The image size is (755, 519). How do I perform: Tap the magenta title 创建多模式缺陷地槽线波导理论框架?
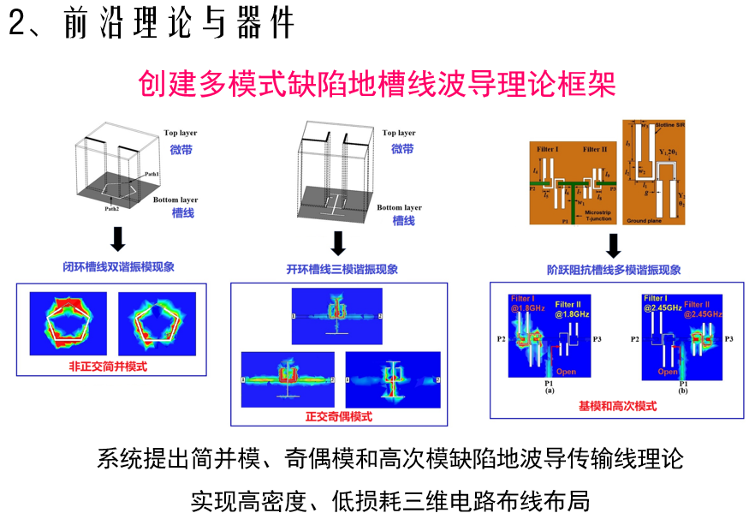click(x=377, y=84)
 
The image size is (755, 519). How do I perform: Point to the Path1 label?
click(x=152, y=174)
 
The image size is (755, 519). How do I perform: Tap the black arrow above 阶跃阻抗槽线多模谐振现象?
click(x=614, y=244)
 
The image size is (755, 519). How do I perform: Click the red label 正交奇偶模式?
click(x=338, y=416)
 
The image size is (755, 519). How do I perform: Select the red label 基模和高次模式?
click(x=618, y=407)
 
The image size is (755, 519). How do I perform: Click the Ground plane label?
click(x=646, y=221)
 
